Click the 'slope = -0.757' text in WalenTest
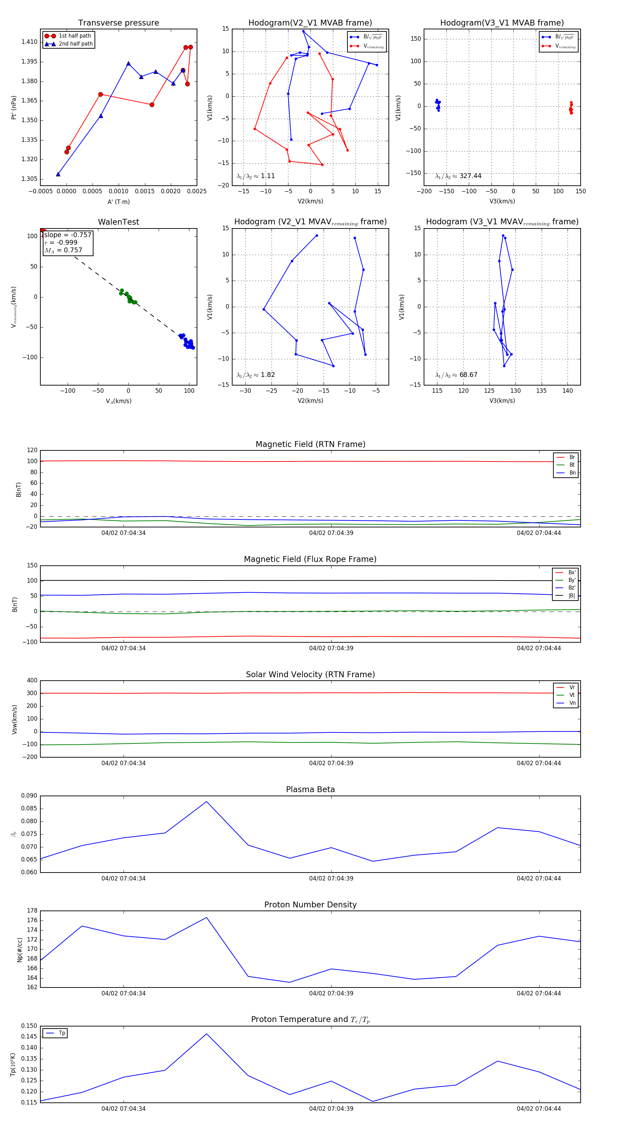[x=68, y=235]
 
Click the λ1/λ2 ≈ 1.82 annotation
[x=255, y=375]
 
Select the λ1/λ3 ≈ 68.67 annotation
[x=456, y=375]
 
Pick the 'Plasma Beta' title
[x=310, y=789]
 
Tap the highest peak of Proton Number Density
[x=206, y=917]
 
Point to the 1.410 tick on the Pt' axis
[x=30, y=42]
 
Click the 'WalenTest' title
[x=118, y=222]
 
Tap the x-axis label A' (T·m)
[x=118, y=202]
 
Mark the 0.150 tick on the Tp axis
[x=29, y=1026]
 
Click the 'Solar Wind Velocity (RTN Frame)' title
[x=310, y=674]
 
